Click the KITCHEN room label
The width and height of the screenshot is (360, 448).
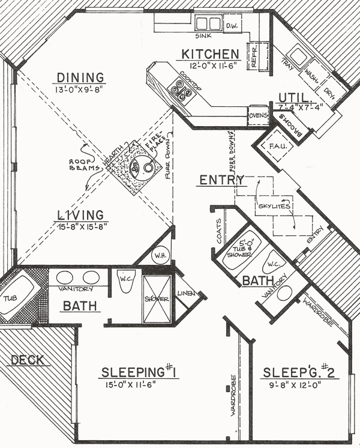click(x=211, y=55)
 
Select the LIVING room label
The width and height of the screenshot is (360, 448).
click(x=80, y=215)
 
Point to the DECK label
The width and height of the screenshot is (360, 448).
click(x=27, y=360)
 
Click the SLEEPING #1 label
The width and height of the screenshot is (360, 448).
click(x=137, y=372)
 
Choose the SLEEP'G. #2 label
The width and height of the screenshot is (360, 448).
click(x=299, y=372)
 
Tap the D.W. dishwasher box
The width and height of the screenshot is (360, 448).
click(x=232, y=25)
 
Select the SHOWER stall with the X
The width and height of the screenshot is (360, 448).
click(x=158, y=298)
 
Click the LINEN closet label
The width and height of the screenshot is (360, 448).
click(x=185, y=294)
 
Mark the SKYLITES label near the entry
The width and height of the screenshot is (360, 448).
click(x=274, y=206)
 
